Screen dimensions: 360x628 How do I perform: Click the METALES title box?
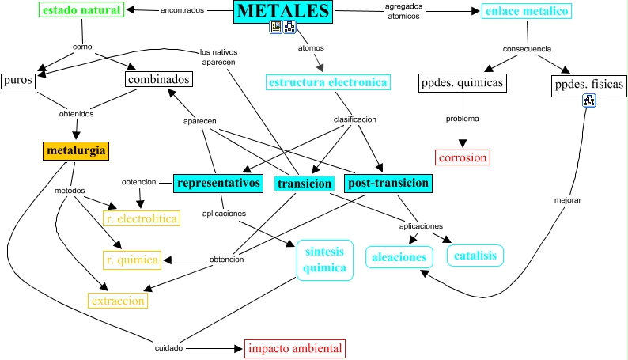[x=283, y=12]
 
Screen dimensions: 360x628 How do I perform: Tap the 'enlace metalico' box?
[x=526, y=11]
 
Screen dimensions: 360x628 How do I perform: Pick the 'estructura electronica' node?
[x=328, y=82]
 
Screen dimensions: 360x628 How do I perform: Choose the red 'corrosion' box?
[x=463, y=157]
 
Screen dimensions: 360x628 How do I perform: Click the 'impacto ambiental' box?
[x=294, y=348]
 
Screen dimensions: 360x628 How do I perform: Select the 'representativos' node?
[x=218, y=183]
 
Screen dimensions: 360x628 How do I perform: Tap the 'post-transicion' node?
[x=388, y=183]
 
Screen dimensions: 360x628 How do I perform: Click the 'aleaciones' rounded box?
[x=400, y=256]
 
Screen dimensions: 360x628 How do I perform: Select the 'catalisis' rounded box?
[x=475, y=256]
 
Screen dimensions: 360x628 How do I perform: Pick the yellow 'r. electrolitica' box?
[x=141, y=218]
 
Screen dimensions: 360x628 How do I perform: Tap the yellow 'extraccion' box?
[x=118, y=301]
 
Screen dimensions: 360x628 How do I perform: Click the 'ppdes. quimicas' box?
[x=461, y=82]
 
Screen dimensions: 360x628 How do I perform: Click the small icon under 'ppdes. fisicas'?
[x=589, y=100]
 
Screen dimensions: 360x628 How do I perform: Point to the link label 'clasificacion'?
[x=354, y=119]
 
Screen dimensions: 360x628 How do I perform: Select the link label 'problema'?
[x=463, y=119]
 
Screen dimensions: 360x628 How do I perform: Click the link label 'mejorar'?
[x=567, y=200]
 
